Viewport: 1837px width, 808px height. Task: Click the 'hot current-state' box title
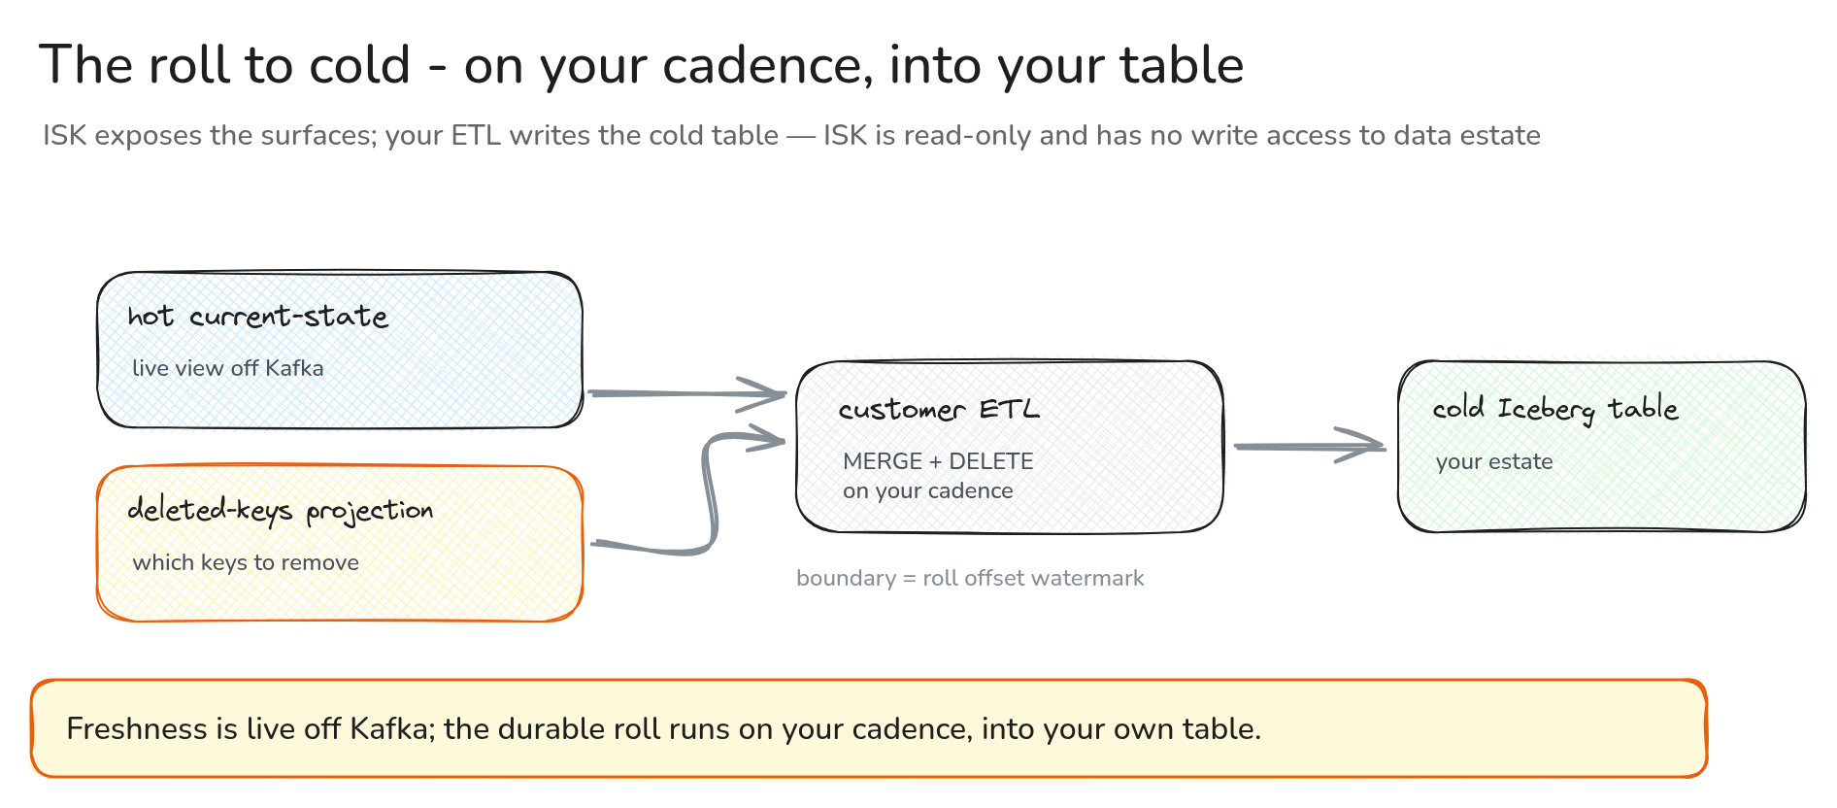pos(258,317)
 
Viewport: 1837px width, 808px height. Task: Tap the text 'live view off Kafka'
pos(228,368)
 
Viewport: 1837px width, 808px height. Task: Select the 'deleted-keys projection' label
pos(281,511)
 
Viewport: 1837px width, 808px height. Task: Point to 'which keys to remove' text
pos(246,562)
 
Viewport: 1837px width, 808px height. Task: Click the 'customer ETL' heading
pos(940,410)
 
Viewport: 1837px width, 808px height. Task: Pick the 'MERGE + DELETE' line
pos(938,461)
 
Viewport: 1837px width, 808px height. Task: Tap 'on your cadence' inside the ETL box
pos(928,490)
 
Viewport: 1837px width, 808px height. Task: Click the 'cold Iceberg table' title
pos(1555,409)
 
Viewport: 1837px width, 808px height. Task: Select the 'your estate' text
pos(1494,461)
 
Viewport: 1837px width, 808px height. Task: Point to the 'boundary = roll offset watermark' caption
pos(970,578)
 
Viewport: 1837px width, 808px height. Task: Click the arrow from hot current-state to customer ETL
pos(687,393)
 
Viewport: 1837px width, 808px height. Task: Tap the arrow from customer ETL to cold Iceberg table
pos(1309,446)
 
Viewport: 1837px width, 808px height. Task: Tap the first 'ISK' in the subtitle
pos(65,135)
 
